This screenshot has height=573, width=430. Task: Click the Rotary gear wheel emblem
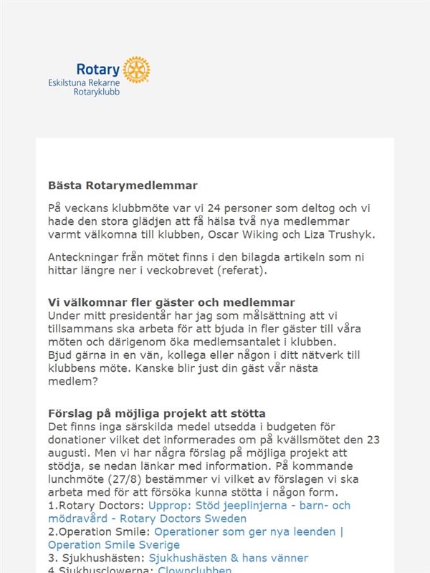[x=136, y=69]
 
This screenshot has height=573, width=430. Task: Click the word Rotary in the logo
[x=99, y=70]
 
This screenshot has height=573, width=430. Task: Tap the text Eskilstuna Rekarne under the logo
[x=84, y=83]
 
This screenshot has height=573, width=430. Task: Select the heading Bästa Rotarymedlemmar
[x=123, y=186]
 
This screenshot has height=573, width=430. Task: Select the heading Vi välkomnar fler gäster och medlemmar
[x=171, y=302]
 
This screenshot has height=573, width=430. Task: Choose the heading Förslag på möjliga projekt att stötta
[x=157, y=413]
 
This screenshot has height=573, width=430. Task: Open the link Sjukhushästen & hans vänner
[x=228, y=558]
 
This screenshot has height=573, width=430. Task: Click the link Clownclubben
[x=194, y=570]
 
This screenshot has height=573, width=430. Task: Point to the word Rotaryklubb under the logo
[x=97, y=92]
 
